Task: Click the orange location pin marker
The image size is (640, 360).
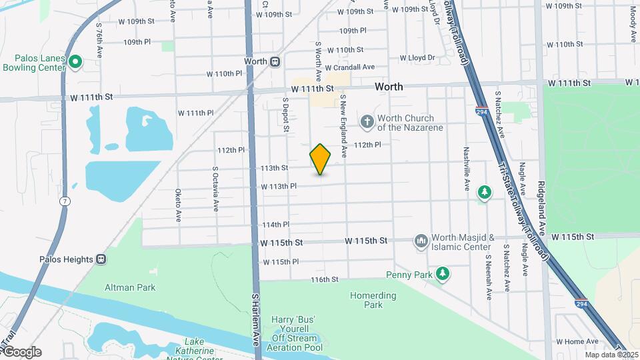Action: (x=321, y=159)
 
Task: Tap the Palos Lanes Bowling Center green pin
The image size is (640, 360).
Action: (x=76, y=63)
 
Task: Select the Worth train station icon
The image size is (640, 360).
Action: (x=275, y=61)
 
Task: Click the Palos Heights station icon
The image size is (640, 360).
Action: (x=101, y=259)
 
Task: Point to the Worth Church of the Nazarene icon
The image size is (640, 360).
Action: (x=367, y=121)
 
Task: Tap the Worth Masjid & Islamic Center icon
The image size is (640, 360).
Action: (x=421, y=241)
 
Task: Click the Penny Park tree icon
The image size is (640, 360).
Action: (x=442, y=273)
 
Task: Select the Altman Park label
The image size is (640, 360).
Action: (x=130, y=287)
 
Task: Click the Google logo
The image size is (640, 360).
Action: (x=22, y=352)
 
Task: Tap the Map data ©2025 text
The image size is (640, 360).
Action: (x=610, y=355)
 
